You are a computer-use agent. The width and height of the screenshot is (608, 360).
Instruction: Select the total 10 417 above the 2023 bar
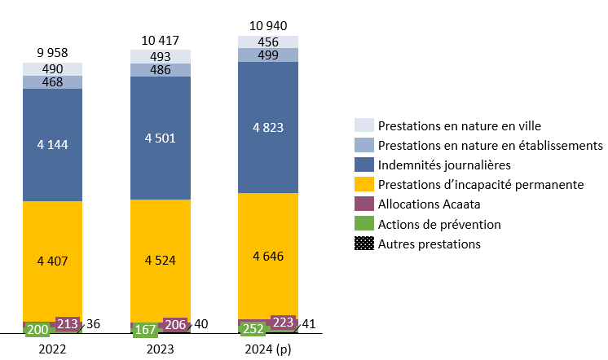161,41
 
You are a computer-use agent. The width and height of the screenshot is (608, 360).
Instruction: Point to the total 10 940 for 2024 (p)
268,26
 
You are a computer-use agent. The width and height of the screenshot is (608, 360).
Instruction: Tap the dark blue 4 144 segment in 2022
52,145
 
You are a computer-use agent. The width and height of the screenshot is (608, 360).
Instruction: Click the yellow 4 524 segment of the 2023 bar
161,261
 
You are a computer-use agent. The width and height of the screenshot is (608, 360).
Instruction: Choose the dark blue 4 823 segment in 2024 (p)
268,127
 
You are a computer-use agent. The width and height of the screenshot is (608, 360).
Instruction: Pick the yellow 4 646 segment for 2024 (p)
268,256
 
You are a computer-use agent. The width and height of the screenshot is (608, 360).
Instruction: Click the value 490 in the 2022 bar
52,69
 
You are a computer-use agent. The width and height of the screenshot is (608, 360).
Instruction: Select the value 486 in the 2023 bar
161,69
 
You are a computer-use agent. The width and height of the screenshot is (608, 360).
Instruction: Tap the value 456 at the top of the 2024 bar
268,42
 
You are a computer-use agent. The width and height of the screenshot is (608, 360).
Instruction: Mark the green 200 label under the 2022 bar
37,330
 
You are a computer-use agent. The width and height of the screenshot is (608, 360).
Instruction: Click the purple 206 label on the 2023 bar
175,324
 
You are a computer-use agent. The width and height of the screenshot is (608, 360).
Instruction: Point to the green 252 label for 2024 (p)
253,329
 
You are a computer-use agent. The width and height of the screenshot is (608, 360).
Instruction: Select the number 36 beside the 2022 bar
95,324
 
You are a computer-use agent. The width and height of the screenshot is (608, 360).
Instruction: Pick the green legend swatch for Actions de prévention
364,224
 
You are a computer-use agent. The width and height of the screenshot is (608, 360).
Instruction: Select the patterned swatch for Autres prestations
364,244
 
